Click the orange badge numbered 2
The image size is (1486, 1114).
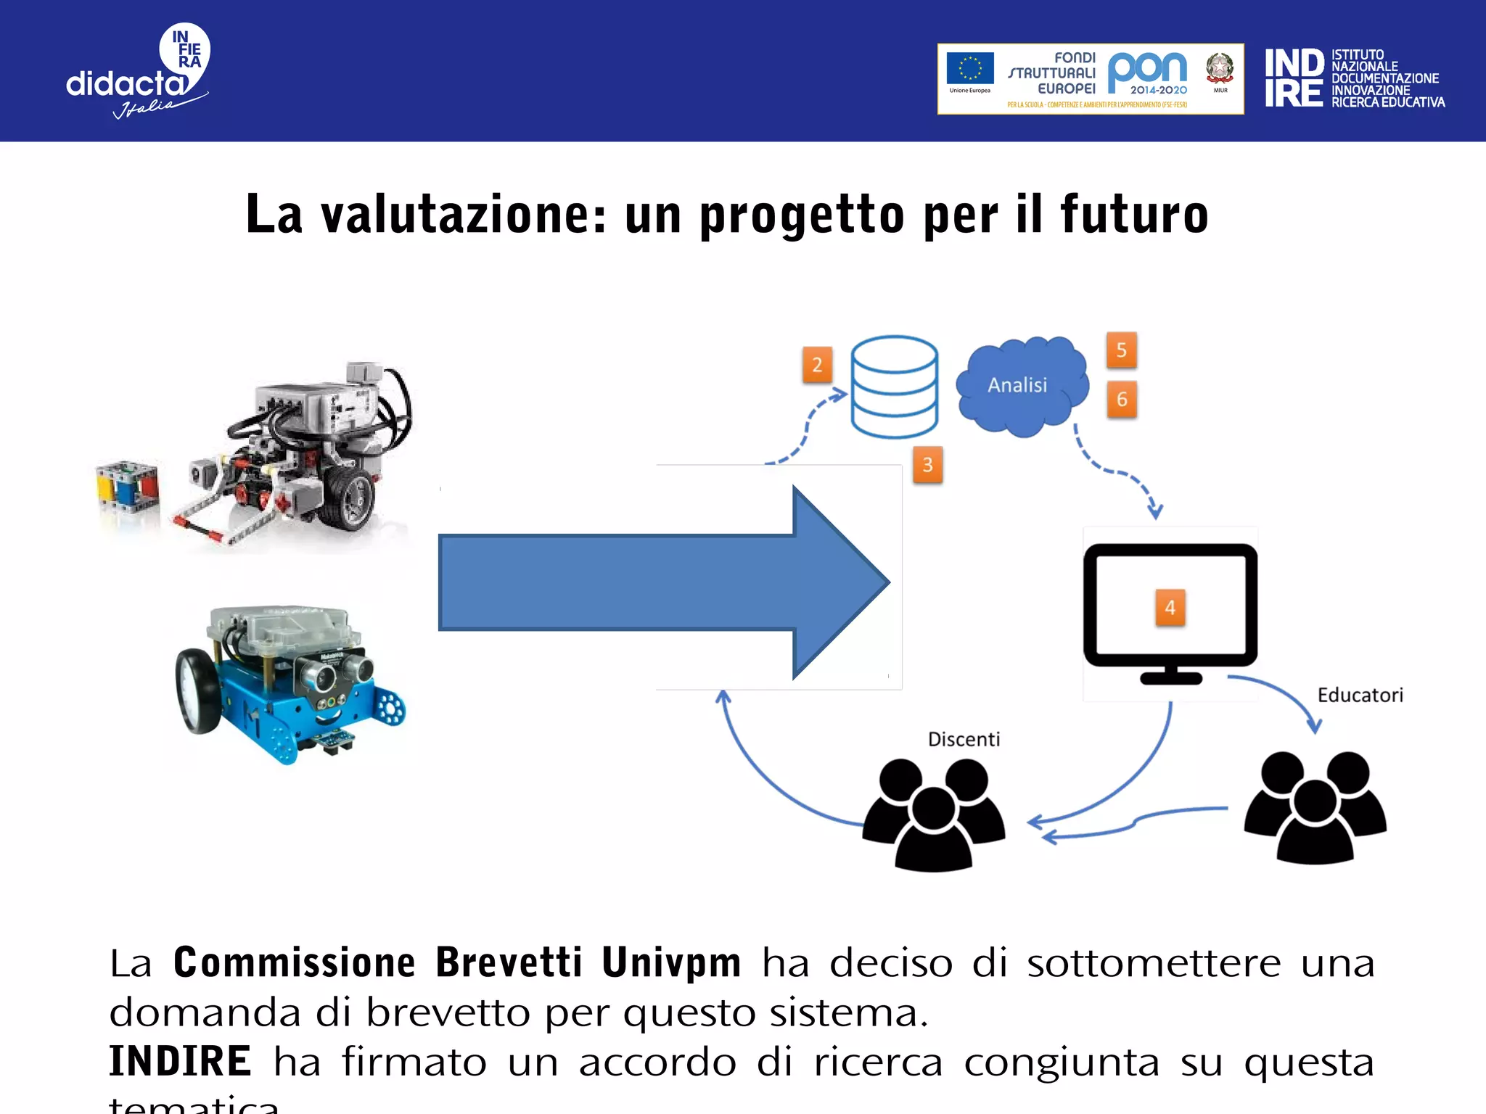click(x=817, y=364)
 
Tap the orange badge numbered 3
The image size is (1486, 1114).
click(x=927, y=465)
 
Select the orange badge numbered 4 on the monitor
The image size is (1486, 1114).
click(x=1170, y=607)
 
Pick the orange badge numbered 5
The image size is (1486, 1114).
click(x=1121, y=350)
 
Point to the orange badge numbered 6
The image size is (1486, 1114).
click(x=1122, y=399)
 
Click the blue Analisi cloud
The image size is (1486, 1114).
click(x=1022, y=386)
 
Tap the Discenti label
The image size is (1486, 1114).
click(x=964, y=739)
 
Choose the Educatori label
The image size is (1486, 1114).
click(x=1360, y=695)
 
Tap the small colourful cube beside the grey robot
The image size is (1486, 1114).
click(x=128, y=487)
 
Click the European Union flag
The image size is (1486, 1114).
click(x=969, y=70)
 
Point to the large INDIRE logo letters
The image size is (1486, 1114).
click(x=1294, y=78)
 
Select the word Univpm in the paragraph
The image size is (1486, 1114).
click(x=671, y=962)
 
